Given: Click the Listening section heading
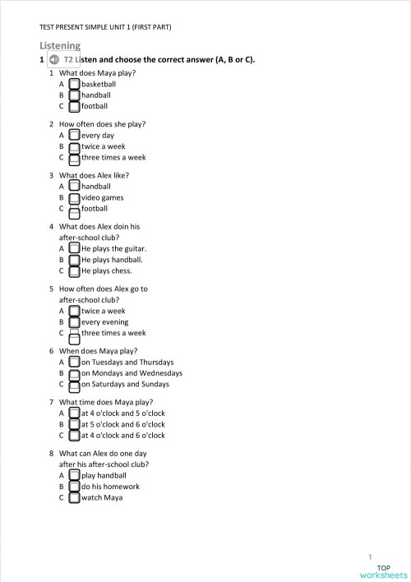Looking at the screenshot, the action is click(60, 46).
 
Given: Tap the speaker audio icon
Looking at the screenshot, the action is click(54, 60).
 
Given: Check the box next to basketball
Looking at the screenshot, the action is click(74, 84).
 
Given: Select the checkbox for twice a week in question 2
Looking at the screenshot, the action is click(74, 145).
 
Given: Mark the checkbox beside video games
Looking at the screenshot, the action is click(74, 197).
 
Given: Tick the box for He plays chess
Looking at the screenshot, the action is click(74, 270).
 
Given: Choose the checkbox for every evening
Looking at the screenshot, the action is click(74, 321).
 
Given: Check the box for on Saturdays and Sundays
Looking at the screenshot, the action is click(74, 383).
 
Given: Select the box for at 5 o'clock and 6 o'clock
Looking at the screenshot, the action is click(74, 424).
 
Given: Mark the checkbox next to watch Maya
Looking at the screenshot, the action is click(74, 497).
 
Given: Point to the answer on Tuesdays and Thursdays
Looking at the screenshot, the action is click(127, 362).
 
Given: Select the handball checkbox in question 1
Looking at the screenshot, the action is click(74, 95).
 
